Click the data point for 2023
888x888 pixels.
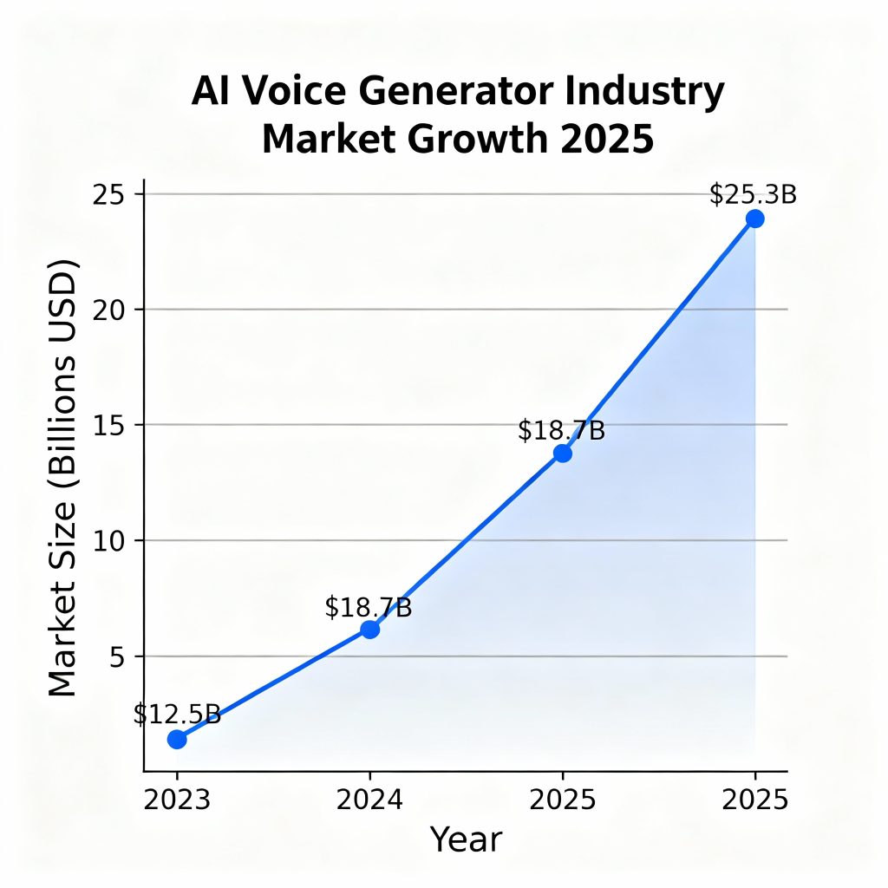click(x=177, y=739)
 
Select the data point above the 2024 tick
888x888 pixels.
click(x=370, y=630)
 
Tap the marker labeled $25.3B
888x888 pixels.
click(x=755, y=219)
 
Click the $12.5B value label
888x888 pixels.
click(x=177, y=715)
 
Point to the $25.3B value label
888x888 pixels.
click(x=753, y=195)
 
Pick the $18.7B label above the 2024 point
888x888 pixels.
click(x=369, y=607)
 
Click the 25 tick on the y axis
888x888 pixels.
click(x=109, y=194)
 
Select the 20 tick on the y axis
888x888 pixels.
click(x=109, y=310)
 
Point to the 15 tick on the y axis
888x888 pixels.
click(x=109, y=425)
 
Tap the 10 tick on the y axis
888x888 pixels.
click(x=109, y=540)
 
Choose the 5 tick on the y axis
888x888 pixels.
click(x=116, y=656)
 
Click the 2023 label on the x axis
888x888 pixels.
click(x=177, y=799)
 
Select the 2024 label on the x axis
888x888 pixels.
click(x=370, y=799)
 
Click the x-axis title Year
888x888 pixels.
click(x=466, y=839)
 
